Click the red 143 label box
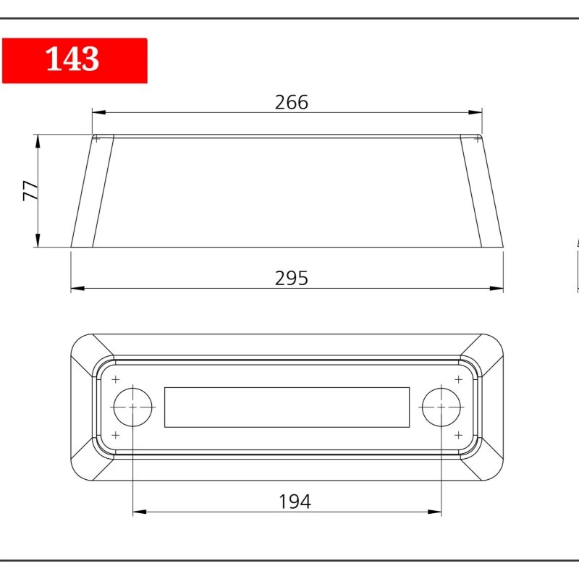tap(75, 61)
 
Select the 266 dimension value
tap(292, 102)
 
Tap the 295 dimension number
tap(292, 278)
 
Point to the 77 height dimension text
tap(30, 190)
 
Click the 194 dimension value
tap(295, 502)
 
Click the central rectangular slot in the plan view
tap(287, 407)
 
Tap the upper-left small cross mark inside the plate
tap(116, 379)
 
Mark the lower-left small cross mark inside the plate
tap(116, 436)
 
